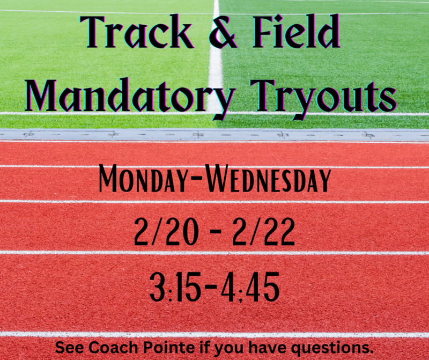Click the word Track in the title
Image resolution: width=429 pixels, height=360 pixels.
point(137,32)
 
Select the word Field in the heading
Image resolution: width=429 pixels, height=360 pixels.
point(296,32)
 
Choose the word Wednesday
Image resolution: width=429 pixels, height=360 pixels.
point(268,179)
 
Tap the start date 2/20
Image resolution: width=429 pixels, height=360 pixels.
point(166,232)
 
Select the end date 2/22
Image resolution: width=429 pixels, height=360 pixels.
point(264,232)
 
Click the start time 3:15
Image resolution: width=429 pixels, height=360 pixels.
point(173,287)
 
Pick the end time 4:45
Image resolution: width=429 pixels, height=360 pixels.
point(250,287)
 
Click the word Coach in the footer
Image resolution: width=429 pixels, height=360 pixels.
point(114,348)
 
